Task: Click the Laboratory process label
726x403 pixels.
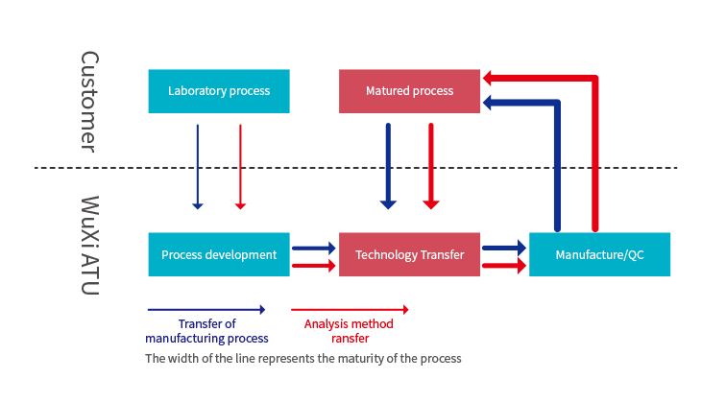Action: coord(219,91)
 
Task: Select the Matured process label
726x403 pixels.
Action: coord(409,91)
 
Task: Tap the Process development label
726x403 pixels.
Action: coord(219,255)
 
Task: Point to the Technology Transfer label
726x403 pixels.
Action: coord(410,255)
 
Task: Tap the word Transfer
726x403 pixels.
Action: coord(443,255)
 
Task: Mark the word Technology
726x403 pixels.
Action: coord(388,255)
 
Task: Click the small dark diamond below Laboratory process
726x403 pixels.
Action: coord(219,167)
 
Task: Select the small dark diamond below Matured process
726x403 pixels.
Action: coord(410,167)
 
